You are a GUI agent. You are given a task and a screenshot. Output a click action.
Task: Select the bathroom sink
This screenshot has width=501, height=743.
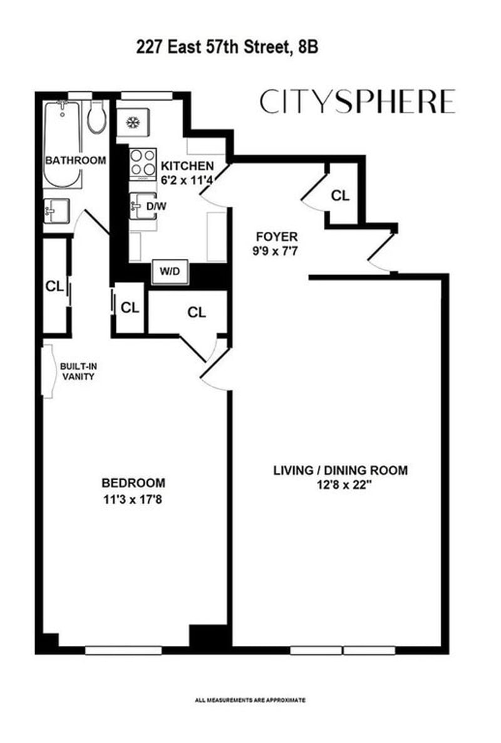pos(56,211)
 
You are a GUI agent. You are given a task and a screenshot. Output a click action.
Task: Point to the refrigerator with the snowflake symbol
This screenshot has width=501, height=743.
pos(133,123)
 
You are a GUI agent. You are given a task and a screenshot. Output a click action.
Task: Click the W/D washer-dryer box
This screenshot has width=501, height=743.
pos(170,272)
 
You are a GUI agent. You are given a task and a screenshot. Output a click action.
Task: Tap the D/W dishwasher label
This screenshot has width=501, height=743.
pos(156,206)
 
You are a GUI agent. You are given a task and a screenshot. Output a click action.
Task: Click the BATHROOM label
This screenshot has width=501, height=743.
pos(75,160)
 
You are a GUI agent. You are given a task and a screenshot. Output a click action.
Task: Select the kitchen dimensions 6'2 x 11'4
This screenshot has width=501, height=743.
pos(187,180)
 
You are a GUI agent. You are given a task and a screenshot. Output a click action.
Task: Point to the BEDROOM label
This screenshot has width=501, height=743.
pos(133,483)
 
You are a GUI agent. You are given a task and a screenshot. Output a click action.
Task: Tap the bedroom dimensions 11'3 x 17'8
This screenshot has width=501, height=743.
pos(133,499)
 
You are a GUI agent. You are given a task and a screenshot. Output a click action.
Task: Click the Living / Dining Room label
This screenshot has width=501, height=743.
pos(341,470)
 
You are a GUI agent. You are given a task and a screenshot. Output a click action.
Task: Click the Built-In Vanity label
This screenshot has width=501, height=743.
pos(78,371)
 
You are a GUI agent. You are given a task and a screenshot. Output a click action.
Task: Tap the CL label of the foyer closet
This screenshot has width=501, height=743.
pos(340,195)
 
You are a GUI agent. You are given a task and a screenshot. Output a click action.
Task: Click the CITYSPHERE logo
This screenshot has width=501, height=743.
pos(357,101)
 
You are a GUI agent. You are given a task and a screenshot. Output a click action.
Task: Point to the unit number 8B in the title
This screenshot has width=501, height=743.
pos(307,47)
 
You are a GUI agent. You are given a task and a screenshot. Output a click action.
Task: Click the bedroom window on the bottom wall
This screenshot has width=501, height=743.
pos(123,650)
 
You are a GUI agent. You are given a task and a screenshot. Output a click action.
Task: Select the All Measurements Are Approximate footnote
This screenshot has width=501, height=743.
pos(250,700)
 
